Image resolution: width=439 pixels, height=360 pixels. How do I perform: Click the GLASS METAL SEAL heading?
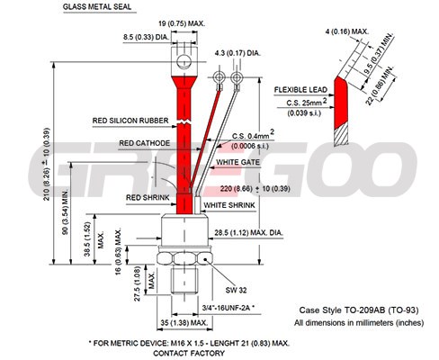97,7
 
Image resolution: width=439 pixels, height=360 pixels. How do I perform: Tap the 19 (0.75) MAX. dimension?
182,23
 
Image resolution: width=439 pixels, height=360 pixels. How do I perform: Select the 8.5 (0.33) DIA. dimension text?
147,38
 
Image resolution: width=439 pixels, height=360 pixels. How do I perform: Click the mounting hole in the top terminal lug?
184,62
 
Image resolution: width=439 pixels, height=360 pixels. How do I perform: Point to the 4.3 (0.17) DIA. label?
237,53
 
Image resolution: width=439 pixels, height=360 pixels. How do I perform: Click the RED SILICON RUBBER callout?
130,121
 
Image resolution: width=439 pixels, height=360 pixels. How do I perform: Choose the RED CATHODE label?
145,143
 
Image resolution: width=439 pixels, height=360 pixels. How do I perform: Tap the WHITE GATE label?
238,162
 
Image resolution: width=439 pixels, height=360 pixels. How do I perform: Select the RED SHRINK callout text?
148,198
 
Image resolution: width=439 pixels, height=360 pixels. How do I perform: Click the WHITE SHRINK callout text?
229,205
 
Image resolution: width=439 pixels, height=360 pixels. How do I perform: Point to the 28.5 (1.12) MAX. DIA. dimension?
248,233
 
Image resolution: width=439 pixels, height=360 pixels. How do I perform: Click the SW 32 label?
236,290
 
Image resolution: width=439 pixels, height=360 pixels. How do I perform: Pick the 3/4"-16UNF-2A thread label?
227,308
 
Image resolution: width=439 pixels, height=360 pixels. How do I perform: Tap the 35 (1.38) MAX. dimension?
184,323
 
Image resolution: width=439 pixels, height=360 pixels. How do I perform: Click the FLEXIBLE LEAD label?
300,90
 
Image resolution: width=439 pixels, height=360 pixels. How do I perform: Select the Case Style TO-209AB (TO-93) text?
359,310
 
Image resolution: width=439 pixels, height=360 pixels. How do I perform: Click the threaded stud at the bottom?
184,281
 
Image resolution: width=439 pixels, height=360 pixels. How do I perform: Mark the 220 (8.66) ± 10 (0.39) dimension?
255,189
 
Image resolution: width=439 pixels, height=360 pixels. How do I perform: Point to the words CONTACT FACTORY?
189,354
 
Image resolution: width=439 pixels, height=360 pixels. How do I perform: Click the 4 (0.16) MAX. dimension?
347,31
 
